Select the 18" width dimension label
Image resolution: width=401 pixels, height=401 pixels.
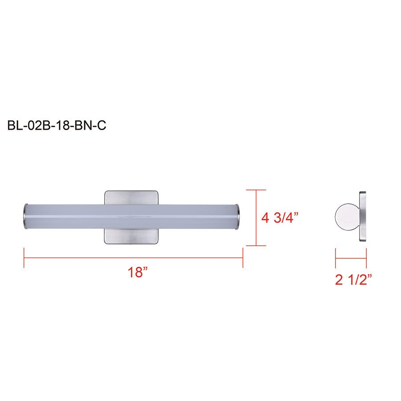point(138,272)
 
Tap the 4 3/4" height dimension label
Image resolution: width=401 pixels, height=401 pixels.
point(279,218)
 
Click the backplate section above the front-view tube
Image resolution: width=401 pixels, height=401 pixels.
point(132,197)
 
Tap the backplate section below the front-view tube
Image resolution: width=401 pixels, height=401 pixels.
point(132,237)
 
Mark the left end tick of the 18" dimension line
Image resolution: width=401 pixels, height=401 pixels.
point(24,258)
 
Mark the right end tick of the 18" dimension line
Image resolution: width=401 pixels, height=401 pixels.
point(243,258)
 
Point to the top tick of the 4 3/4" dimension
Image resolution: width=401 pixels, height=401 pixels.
point(256,190)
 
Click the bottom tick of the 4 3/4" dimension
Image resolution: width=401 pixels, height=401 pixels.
point(256,246)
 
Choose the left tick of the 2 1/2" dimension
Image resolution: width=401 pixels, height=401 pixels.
point(336,258)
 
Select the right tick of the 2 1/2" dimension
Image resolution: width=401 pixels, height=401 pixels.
point(366,258)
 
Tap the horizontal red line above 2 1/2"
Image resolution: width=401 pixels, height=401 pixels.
point(351,258)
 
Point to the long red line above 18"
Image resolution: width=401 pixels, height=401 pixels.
point(134,258)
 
